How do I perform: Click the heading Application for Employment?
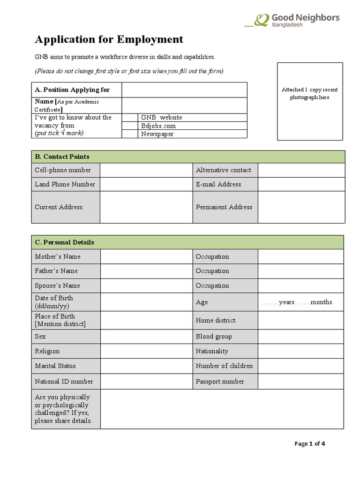pyautogui.click(x=109, y=39)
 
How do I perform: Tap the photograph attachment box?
pyautogui.click(x=309, y=101)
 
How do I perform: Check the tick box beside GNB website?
pyautogui.click(x=130, y=118)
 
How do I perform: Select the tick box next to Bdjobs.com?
pyautogui.click(x=130, y=126)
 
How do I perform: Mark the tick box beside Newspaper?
pyautogui.click(x=130, y=134)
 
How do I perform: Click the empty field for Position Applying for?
pyautogui.click(x=184, y=90)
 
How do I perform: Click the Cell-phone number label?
pyautogui.click(x=63, y=170)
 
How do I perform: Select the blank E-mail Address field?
pyautogui.click(x=301, y=184)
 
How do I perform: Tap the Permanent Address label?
pyautogui.click(x=224, y=207)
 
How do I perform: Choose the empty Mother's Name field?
pyautogui.click(x=146, y=256)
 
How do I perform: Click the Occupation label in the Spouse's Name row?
pyautogui.click(x=212, y=285)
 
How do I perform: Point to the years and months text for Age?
pyautogui.click(x=296, y=302)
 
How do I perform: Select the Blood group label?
pyautogui.click(x=214, y=337)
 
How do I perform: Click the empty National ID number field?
pyautogui.click(x=146, y=382)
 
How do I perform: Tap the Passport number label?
pyautogui.click(x=220, y=382)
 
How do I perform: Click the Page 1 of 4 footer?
pyautogui.click(x=309, y=444)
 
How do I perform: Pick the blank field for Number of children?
pyautogui.click(x=301, y=366)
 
